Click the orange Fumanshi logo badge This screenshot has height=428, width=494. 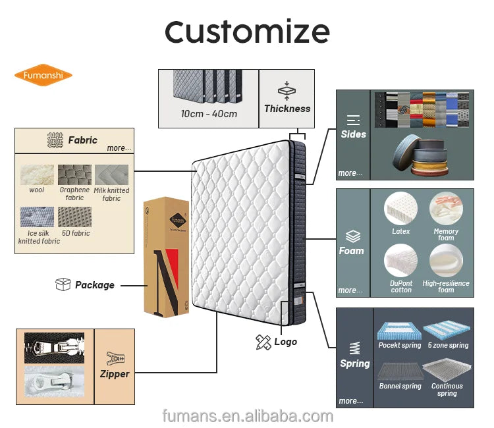click(x=43, y=74)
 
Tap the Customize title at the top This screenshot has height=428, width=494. click(x=247, y=31)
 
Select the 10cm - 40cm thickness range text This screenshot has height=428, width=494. click(x=209, y=114)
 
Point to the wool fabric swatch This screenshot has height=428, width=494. click(x=37, y=175)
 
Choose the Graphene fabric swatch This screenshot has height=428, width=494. click(x=74, y=174)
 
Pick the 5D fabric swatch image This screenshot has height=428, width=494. click(x=74, y=217)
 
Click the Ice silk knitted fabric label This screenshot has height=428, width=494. click(x=39, y=237)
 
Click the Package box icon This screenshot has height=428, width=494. click(x=63, y=284)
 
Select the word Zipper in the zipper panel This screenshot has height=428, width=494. click(x=115, y=374)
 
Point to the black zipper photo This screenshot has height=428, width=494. click(x=54, y=348)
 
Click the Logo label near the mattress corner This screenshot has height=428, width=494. click(x=286, y=342)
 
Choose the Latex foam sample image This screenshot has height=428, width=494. click(x=401, y=210)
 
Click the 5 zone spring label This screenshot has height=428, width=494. click(x=447, y=345)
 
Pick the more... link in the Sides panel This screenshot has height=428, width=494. click(x=350, y=173)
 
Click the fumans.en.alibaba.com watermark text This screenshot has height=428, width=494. click(x=248, y=416)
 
